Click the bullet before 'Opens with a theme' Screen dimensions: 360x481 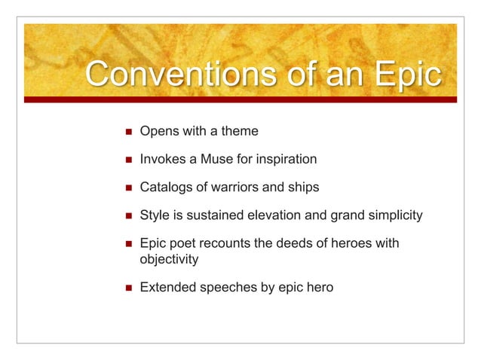[x=126, y=132]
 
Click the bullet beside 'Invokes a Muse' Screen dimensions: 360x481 [x=126, y=160]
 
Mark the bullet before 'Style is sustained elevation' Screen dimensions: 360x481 [x=126, y=216]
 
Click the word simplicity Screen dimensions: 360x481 [x=394, y=216]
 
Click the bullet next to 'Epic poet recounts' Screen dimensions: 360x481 [x=126, y=244]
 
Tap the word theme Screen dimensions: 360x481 [x=241, y=132]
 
